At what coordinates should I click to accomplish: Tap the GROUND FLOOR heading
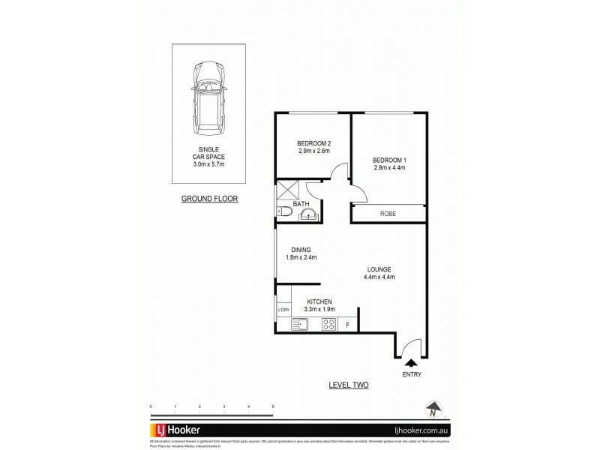(209, 199)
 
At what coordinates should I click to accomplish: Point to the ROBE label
(388, 214)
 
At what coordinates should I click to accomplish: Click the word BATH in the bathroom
(301, 203)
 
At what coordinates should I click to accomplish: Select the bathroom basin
(309, 217)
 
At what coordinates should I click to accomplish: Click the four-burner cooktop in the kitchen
(328, 325)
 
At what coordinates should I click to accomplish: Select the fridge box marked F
(347, 325)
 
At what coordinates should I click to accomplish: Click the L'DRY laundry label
(283, 310)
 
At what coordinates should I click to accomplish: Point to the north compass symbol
(433, 409)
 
